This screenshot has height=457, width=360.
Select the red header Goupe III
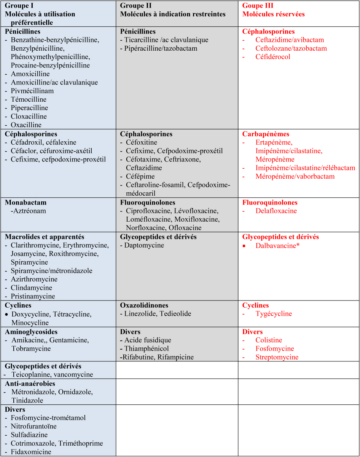tap(258, 6)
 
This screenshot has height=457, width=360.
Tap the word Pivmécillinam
tap(32, 91)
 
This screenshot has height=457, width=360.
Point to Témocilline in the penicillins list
tap(29, 99)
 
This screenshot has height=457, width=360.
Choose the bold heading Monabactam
tap(26, 203)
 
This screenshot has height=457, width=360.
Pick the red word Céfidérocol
tap(273, 57)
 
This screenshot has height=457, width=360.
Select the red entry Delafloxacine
tap(276, 211)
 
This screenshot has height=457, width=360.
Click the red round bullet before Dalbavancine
tap(244, 246)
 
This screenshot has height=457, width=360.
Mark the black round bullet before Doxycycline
tap(6, 314)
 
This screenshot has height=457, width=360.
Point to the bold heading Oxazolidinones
tap(144, 305)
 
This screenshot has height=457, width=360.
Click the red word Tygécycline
tap(274, 314)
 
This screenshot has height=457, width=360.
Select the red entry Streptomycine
tap(277, 357)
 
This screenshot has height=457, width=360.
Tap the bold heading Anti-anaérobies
tap(30, 383)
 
